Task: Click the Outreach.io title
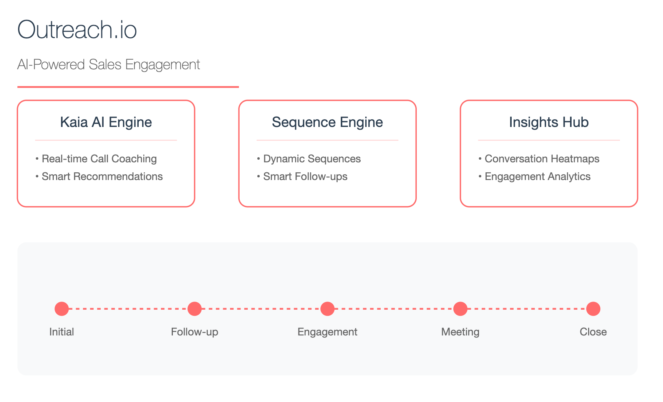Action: coord(77,30)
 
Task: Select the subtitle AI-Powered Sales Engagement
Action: coord(109,65)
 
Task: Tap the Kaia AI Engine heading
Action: coord(106,122)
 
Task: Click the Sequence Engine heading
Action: coord(327,122)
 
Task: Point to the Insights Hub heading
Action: coord(549,122)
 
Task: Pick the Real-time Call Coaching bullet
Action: coord(96,159)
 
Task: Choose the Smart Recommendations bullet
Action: coord(99,177)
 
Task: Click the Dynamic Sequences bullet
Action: coord(309,159)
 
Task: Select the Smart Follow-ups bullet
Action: coord(302,177)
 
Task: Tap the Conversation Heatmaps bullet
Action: coord(539,159)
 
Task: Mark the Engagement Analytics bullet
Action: coord(534,177)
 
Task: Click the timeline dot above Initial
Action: coord(61,309)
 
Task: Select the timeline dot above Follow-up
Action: coord(194,309)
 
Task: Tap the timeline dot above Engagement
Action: coord(327,309)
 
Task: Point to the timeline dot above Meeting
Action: coord(460,309)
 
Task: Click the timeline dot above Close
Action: coord(593,309)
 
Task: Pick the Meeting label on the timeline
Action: coord(460,332)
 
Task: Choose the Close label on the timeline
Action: coord(593,332)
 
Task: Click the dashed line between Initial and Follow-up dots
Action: coord(128,309)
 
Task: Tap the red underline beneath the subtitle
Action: coord(128,87)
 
